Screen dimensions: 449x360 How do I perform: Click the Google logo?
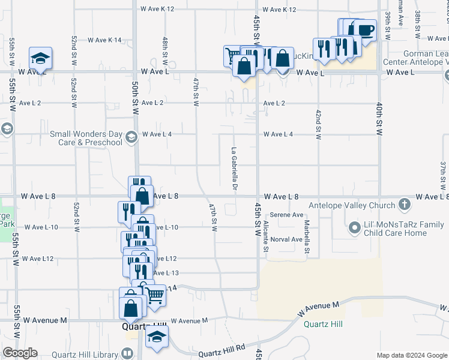[x=20, y=353]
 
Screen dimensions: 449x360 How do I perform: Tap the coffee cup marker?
[x=364, y=29]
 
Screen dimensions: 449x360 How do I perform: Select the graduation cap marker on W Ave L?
[x=41, y=58]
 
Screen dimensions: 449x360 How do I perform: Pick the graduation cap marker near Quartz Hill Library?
[x=157, y=338]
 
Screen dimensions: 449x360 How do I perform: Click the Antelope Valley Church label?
[x=352, y=205]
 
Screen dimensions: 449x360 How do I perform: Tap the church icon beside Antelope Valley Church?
[x=404, y=205]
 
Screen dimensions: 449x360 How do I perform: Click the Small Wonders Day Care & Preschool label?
[x=86, y=138]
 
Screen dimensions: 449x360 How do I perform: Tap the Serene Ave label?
[x=286, y=215]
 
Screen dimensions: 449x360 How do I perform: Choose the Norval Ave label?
[x=286, y=239]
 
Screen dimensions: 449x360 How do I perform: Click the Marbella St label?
[x=306, y=236]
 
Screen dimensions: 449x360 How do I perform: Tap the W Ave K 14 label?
[x=104, y=40]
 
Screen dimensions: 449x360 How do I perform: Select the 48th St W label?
[x=164, y=52]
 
